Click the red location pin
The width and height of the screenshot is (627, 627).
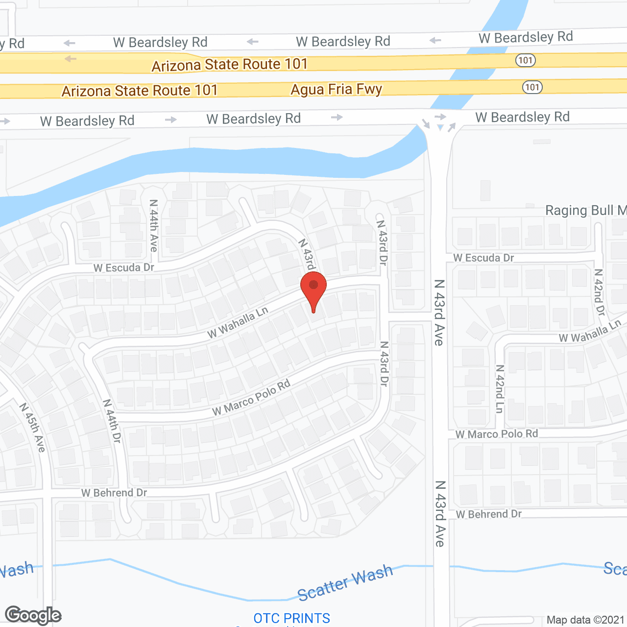(x=313, y=289)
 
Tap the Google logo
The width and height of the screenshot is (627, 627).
(x=33, y=615)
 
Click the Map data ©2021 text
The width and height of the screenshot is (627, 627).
(x=585, y=620)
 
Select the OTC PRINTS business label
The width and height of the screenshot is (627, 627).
(x=292, y=618)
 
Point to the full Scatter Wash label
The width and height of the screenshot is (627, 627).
(x=345, y=582)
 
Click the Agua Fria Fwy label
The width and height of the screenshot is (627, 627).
(x=336, y=89)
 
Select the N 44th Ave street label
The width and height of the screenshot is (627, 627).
(x=154, y=225)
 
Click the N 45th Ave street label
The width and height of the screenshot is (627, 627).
(x=33, y=427)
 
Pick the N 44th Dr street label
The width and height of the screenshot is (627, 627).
(x=112, y=421)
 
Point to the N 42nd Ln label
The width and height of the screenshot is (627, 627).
(x=500, y=388)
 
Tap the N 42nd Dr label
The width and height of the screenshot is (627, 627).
(x=599, y=292)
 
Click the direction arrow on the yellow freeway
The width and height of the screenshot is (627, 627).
(x=71, y=59)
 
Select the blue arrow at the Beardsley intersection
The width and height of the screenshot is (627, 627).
(x=440, y=127)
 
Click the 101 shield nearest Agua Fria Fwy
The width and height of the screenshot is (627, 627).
(x=532, y=88)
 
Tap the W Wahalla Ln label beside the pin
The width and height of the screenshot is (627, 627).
(x=238, y=322)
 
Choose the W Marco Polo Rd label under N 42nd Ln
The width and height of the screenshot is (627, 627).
(x=496, y=434)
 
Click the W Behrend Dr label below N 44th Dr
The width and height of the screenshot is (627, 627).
(x=114, y=493)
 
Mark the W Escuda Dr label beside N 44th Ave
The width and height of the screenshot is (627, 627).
(x=124, y=267)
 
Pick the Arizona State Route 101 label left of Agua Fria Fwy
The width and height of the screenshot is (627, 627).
(x=140, y=91)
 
